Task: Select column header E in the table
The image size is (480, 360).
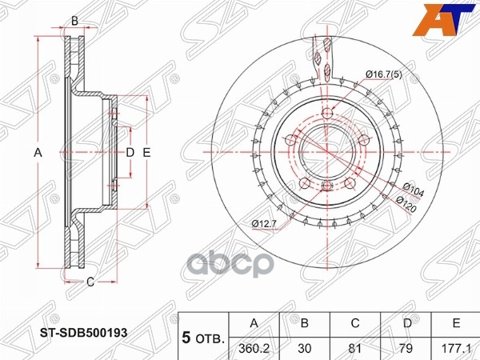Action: [454, 323]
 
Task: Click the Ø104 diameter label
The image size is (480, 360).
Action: [414, 189]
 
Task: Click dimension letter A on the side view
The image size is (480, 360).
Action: [37, 151]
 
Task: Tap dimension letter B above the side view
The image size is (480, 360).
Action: [74, 22]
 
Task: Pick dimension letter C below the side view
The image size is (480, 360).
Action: [90, 281]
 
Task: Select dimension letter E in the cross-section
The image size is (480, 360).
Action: [147, 151]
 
